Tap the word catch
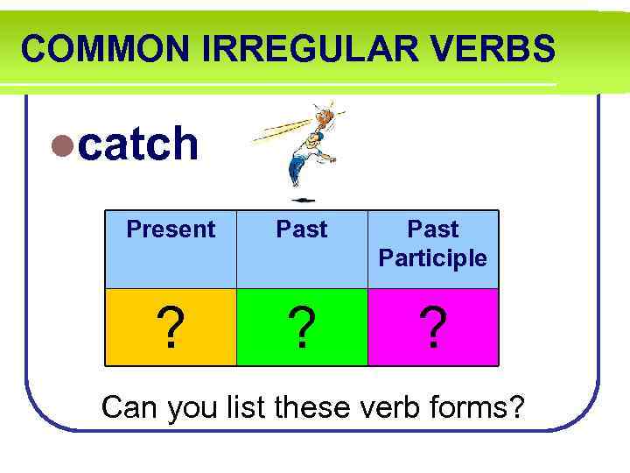138,144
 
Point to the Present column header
171,229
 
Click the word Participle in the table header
433,258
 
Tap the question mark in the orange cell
171,328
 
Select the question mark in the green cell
302,328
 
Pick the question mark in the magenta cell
432,328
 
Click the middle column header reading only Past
302,229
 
